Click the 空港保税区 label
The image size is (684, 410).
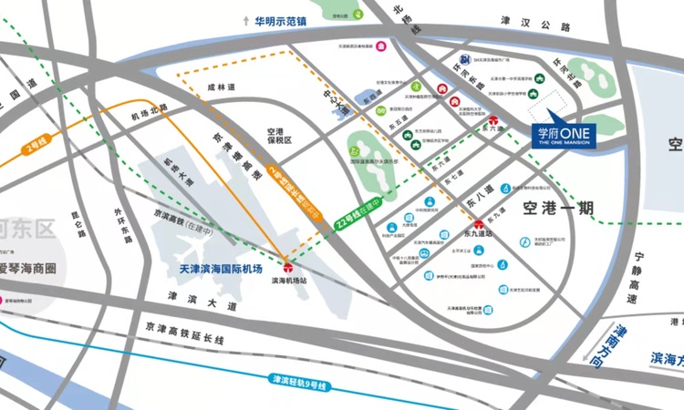pos(273,136)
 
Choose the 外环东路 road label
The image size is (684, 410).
pos(122,227)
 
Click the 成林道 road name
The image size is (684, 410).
pos(221,87)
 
